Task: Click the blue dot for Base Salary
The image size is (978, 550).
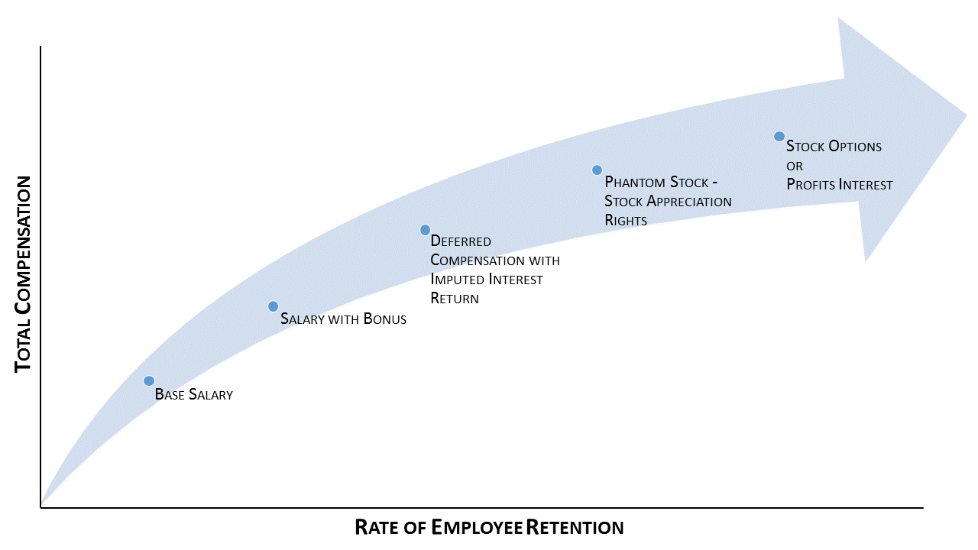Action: tap(149, 380)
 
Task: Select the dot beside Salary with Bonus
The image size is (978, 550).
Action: tap(273, 306)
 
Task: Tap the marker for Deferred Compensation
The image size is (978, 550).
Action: tap(425, 230)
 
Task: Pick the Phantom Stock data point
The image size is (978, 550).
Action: tap(597, 170)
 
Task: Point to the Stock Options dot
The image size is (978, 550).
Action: tap(779, 137)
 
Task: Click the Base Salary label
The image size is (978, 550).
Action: tap(193, 395)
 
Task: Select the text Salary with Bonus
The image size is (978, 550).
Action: tap(343, 319)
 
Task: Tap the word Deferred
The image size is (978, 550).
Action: tap(461, 241)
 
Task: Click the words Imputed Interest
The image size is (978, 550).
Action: tap(487, 280)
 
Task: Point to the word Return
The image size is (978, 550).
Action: tap(455, 299)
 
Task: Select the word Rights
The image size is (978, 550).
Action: tap(626, 221)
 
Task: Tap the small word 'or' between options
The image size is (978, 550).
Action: tap(794, 166)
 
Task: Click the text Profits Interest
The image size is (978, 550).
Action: tap(839, 185)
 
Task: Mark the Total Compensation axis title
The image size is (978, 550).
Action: tap(24, 273)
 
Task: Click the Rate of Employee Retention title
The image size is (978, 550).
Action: tap(489, 527)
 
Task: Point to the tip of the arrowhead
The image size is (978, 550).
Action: tap(967, 116)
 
